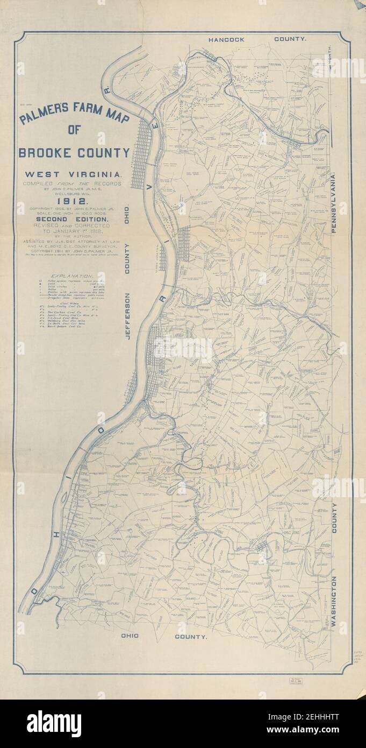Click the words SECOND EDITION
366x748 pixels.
tap(74, 220)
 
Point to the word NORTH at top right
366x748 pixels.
tap(329, 57)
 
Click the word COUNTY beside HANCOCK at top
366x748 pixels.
tap(290, 39)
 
